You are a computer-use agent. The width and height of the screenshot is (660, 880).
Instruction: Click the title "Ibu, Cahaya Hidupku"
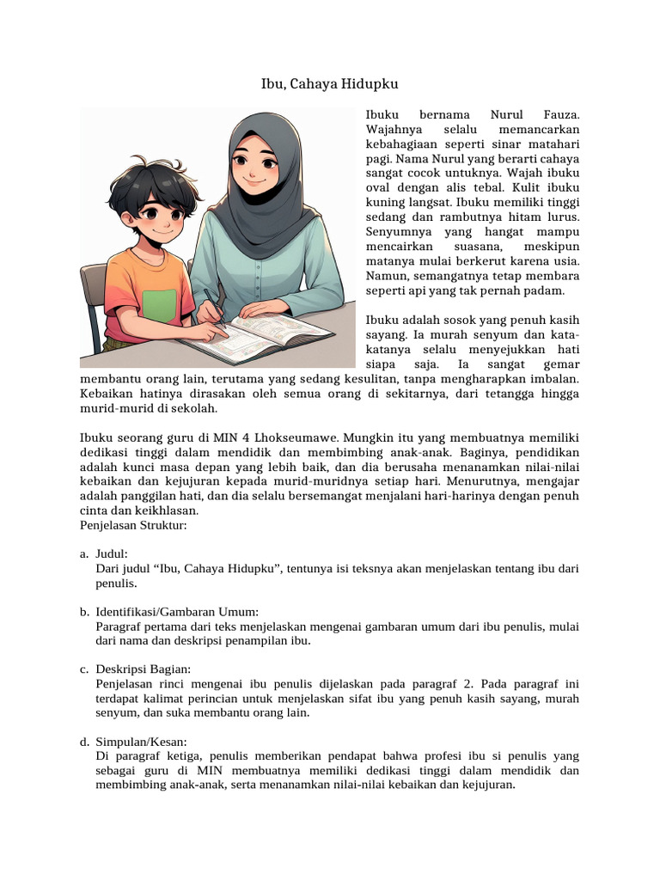pyautogui.click(x=330, y=84)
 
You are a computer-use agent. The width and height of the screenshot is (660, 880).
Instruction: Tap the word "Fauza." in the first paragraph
pyautogui.click(x=562, y=113)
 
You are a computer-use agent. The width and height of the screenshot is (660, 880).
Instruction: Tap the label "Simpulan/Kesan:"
pyautogui.click(x=142, y=741)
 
